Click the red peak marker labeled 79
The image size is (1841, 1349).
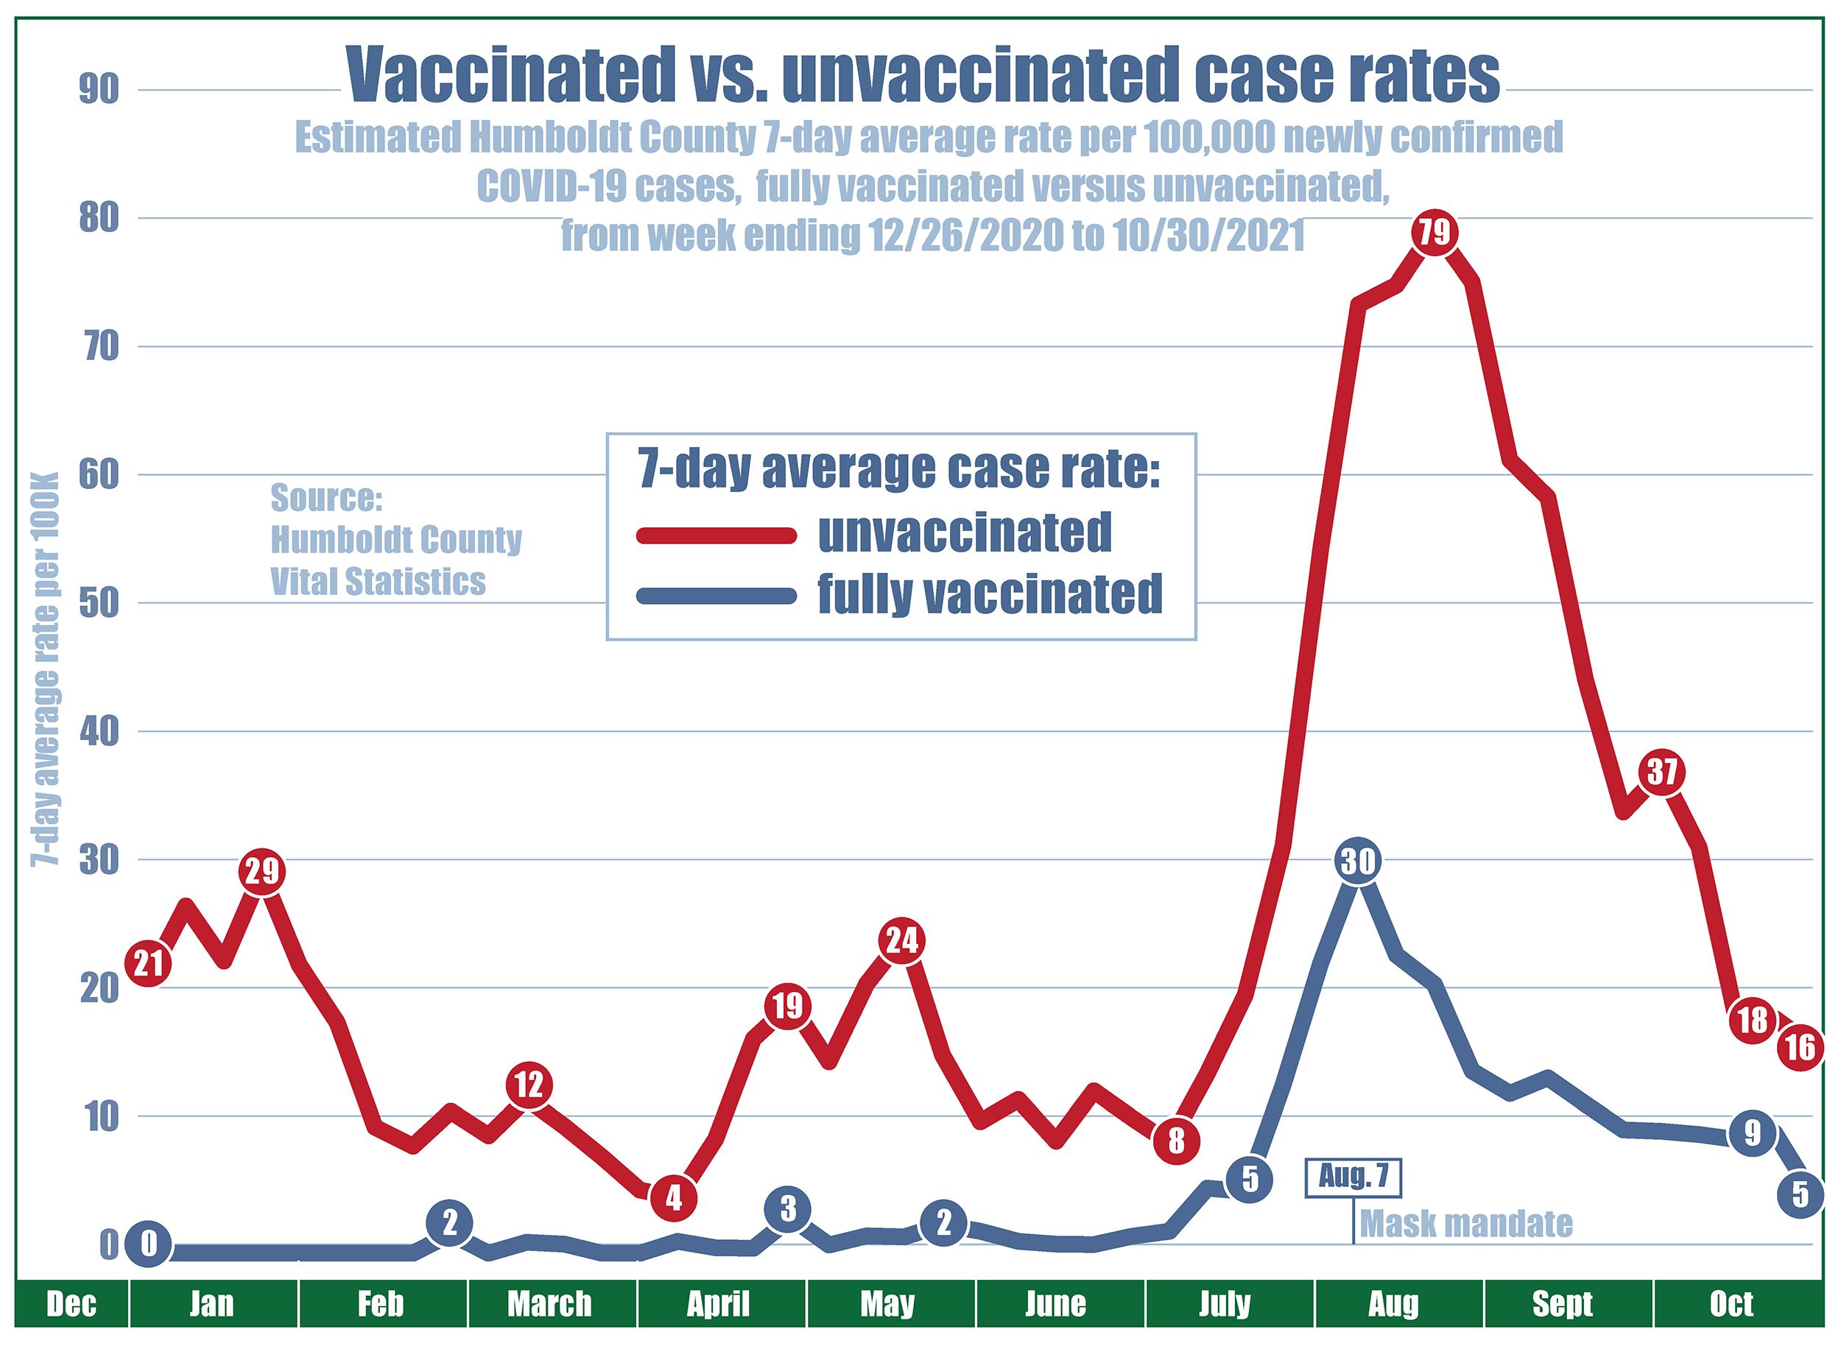click(1435, 233)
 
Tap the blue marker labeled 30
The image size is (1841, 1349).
click(1358, 861)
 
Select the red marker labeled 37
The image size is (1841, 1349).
click(1661, 772)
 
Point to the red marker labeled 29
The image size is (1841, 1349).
click(261, 872)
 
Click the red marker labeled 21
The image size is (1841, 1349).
click(148, 965)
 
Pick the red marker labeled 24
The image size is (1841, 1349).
click(901, 942)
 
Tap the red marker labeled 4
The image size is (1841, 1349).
click(673, 1198)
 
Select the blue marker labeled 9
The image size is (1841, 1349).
click(1751, 1133)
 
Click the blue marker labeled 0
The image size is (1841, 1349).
click(148, 1244)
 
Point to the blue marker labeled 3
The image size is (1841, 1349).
click(787, 1209)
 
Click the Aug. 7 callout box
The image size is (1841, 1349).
click(1353, 1178)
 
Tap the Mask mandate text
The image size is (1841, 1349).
click(1466, 1224)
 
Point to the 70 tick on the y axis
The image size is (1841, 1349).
click(98, 347)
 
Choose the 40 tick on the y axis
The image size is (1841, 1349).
click(98, 732)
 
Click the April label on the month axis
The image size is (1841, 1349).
click(718, 1304)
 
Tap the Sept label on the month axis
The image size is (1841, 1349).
click(1563, 1304)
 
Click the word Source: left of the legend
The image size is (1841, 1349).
click(326, 497)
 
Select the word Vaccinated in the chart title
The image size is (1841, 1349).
click(505, 75)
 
